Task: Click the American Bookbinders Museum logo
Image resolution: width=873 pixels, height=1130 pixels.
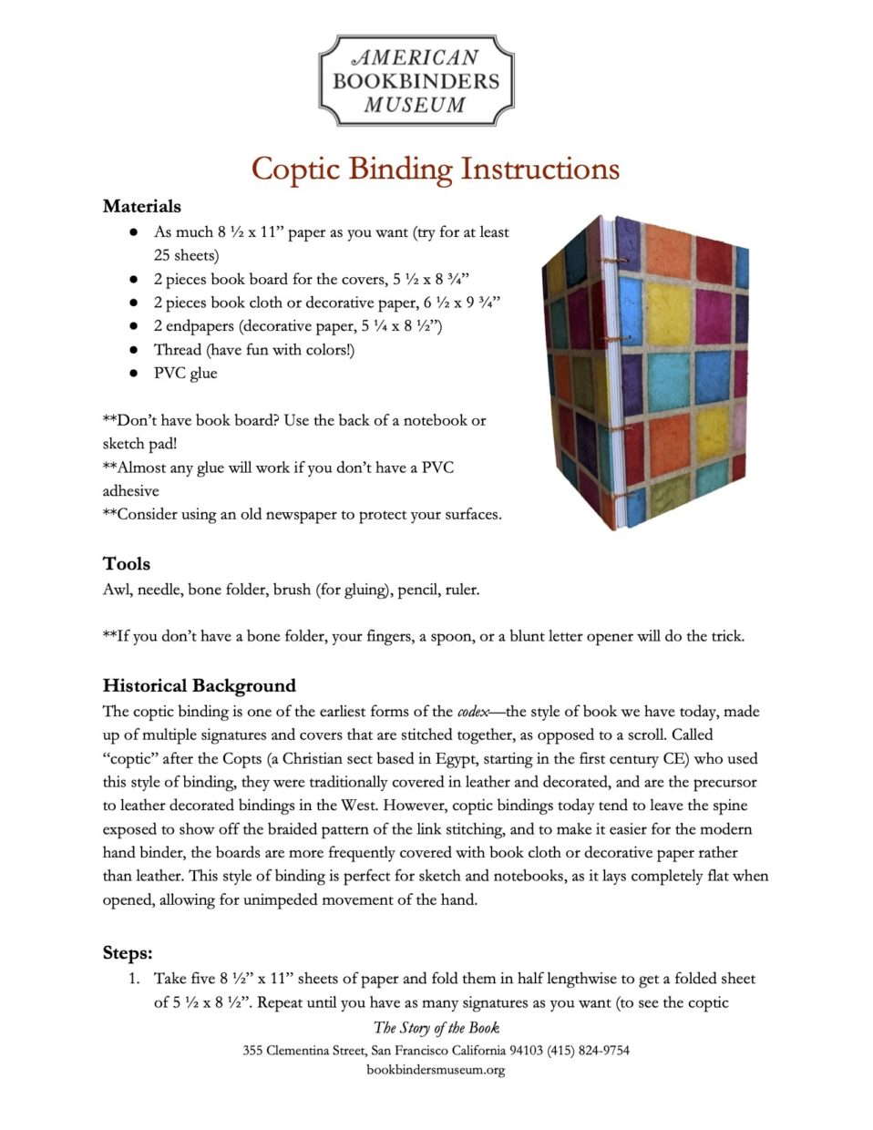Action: pos(416,80)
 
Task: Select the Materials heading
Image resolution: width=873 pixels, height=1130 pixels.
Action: pos(141,206)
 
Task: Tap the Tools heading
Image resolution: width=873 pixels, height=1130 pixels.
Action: pos(126,563)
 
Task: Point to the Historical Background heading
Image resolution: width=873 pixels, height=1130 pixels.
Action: pos(199,685)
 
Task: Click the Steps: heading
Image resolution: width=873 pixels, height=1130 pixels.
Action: pos(127,953)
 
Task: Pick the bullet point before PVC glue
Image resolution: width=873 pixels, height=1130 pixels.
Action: pos(133,373)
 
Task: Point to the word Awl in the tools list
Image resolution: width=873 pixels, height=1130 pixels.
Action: pos(116,590)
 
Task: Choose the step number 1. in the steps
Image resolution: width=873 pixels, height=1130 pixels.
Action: pos(133,979)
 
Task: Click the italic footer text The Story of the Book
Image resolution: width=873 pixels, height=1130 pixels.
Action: pos(436,1028)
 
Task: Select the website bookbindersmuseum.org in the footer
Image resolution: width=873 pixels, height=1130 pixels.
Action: pos(436,1070)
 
